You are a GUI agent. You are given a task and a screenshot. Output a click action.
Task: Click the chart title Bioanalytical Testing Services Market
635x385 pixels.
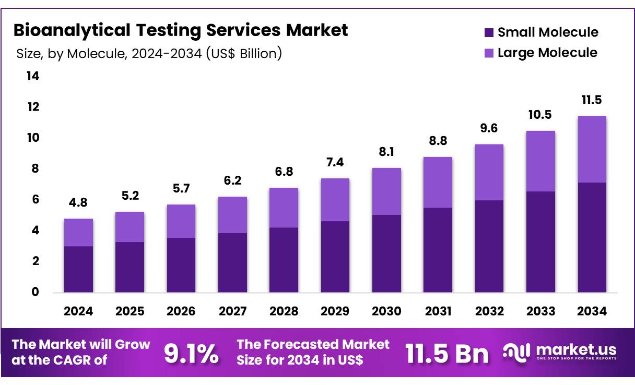[180, 30]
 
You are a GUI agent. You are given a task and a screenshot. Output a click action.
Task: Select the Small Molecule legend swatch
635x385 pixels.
[489, 32]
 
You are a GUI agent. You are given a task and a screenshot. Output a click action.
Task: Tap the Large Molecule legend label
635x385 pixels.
[547, 53]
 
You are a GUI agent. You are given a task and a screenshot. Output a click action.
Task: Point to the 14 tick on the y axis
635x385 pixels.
[32, 76]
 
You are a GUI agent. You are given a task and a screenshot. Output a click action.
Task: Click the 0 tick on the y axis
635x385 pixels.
[36, 292]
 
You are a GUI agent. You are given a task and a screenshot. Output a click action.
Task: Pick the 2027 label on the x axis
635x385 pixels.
[232, 312]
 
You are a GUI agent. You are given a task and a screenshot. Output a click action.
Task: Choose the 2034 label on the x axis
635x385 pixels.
[592, 312]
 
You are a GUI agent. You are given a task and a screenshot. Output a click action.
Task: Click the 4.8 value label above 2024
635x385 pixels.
[78, 202]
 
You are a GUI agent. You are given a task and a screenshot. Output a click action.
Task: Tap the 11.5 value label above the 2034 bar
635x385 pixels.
[592, 100]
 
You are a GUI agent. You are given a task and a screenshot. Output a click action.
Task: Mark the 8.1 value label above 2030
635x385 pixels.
[386, 152]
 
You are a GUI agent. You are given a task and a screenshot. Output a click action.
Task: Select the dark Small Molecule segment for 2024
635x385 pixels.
[78, 269]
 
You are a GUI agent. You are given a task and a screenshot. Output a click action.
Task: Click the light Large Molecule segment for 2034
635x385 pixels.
[592, 149]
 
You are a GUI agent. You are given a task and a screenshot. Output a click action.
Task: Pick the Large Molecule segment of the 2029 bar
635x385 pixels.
[335, 200]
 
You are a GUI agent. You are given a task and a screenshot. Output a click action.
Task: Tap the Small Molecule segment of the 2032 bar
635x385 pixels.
[489, 246]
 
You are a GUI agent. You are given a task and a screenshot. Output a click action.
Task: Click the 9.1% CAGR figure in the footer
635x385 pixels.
[191, 354]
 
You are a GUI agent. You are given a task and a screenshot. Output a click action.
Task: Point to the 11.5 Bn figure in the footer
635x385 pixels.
[447, 354]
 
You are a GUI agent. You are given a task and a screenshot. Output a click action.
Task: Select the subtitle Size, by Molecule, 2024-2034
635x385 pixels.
[149, 53]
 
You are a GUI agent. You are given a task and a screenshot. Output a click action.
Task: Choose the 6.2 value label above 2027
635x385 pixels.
[232, 180]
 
